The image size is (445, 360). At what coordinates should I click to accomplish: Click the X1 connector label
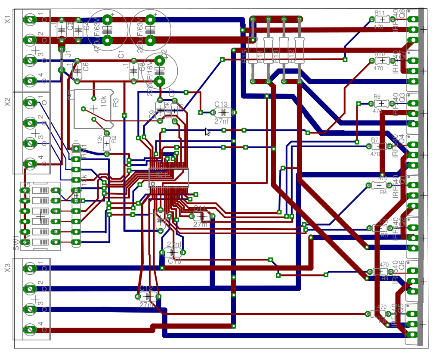click(x=7, y=19)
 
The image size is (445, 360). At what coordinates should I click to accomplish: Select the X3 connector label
click(x=7, y=268)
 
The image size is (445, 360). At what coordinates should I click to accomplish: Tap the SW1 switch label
click(x=16, y=242)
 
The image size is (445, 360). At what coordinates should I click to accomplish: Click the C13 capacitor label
click(x=221, y=105)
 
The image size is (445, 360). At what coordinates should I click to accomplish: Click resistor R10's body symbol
click(x=380, y=61)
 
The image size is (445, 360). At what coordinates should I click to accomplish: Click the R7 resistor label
click(x=374, y=140)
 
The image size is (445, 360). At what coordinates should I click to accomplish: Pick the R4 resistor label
click(x=383, y=192)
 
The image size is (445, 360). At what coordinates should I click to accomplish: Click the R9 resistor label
click(x=384, y=278)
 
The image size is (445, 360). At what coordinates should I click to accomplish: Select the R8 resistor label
click(x=382, y=321)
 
